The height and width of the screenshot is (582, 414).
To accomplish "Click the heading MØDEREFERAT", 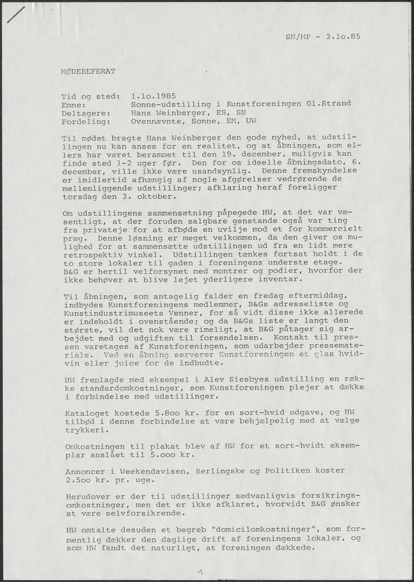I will coord(88,72).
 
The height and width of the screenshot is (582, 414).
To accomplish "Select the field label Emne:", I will coord(73,105).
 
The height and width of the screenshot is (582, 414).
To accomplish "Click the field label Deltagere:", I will coord(86,113).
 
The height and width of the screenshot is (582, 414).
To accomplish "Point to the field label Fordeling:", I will coord(86,122).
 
